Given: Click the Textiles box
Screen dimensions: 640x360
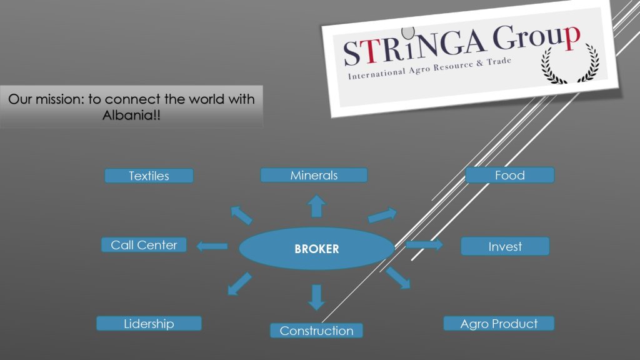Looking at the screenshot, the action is click(x=149, y=176).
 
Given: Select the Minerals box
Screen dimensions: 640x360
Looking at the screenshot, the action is click(x=314, y=175).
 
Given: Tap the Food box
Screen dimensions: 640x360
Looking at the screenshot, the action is click(x=510, y=175).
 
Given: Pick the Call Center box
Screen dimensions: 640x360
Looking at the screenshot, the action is click(x=144, y=245).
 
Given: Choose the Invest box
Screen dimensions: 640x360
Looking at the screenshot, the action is click(x=505, y=246).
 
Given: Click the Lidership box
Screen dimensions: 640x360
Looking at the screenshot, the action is click(x=149, y=324).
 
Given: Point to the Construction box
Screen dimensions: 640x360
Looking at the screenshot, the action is click(x=316, y=331).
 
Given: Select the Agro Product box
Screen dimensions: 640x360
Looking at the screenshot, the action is click(x=499, y=324).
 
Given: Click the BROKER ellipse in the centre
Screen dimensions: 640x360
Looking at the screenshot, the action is click(x=317, y=249).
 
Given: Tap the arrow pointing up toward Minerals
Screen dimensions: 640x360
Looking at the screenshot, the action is click(x=316, y=206).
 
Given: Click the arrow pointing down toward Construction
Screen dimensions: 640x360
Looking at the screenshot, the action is click(x=316, y=297).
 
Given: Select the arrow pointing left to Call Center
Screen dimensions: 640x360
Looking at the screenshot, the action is click(x=212, y=246).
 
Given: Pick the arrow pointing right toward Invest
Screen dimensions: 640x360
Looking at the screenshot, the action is click(x=424, y=244).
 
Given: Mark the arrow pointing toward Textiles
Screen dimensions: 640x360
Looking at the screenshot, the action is click(x=241, y=215).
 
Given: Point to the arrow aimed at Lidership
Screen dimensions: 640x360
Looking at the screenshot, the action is click(x=239, y=284).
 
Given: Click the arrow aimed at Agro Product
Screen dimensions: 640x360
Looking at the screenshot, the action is click(x=398, y=278).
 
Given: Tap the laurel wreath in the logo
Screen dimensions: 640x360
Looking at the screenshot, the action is click(x=570, y=64).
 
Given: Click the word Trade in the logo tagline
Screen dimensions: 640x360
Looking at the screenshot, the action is click(x=499, y=62).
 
